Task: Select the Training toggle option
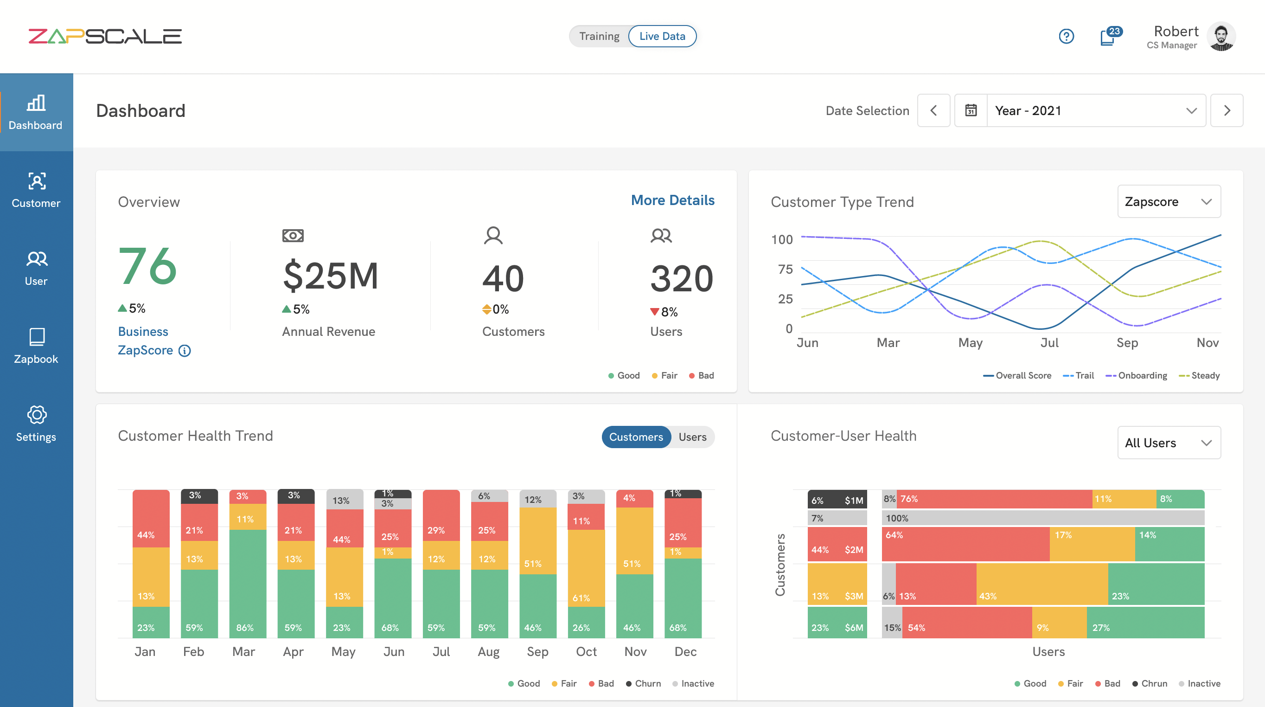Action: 599,36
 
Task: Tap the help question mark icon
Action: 1066,36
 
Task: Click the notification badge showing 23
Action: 1114,32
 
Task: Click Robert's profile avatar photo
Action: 1221,36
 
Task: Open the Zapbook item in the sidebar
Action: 36,346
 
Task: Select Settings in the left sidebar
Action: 36,424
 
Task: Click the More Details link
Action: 672,200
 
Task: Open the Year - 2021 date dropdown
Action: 1095,110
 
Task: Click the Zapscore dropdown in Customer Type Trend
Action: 1168,201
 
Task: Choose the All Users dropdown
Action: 1168,443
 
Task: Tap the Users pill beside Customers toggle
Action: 692,437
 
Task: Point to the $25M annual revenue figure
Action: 331,276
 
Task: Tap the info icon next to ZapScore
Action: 185,350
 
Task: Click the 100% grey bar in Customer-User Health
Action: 1043,518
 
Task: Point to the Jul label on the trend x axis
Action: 1049,342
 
